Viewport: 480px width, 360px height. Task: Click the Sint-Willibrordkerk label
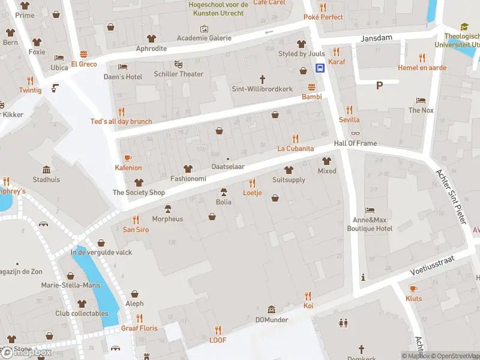[262, 89]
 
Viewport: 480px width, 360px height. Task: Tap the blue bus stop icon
[320, 68]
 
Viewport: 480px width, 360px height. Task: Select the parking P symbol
[379, 85]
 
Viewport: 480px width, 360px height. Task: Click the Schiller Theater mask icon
[178, 64]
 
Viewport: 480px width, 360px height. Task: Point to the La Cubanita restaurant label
[295, 148]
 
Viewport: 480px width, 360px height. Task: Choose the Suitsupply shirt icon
[289, 170]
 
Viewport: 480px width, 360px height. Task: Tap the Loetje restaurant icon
[252, 183]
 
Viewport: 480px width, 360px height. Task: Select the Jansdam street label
[376, 38]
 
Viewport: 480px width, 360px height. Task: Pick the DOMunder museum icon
[272, 310]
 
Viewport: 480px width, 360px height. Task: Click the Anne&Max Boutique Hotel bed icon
[370, 210]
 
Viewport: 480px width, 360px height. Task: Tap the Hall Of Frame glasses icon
[356, 133]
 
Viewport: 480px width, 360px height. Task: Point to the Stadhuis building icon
[46, 169]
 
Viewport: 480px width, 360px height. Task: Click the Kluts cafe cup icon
[413, 289]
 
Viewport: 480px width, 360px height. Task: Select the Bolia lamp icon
[224, 192]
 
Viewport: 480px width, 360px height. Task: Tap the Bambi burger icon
[311, 87]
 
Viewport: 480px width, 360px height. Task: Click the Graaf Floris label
[139, 328]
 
